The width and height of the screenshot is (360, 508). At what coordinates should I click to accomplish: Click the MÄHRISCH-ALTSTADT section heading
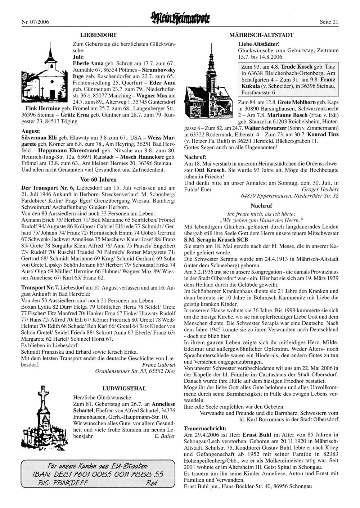click(x=261, y=35)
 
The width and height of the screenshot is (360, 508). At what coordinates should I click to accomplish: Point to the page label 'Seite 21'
click(x=329, y=22)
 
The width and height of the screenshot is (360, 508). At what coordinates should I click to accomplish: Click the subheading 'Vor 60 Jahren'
click(x=98, y=179)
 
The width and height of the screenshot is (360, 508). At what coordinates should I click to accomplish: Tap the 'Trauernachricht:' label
click(x=205, y=428)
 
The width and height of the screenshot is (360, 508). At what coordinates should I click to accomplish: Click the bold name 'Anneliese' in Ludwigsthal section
click(x=162, y=404)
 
